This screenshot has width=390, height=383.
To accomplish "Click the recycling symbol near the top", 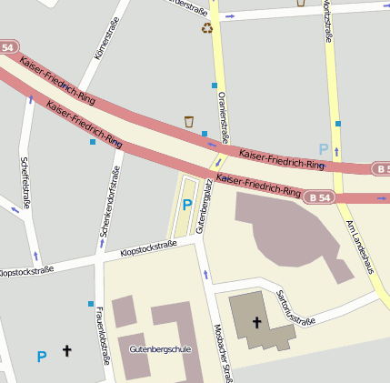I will pos(206,28).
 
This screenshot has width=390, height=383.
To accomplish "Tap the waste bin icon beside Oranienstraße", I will pos(189,121).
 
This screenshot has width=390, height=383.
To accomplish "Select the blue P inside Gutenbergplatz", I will pos(187,206).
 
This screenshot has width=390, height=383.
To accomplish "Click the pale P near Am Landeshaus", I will pos(323,148).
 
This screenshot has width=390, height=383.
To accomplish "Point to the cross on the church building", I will pos(256,322).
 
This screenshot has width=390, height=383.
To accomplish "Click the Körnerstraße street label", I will pos(107,42).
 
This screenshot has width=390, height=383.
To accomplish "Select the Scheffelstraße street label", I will pos(25,183).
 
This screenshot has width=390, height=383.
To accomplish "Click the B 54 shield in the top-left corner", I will pos(8,46).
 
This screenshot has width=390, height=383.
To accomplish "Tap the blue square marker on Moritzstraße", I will pos(337,123).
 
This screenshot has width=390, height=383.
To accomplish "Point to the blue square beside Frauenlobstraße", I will pos(91,304).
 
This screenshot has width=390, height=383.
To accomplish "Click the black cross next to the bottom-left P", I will pos(65,350).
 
